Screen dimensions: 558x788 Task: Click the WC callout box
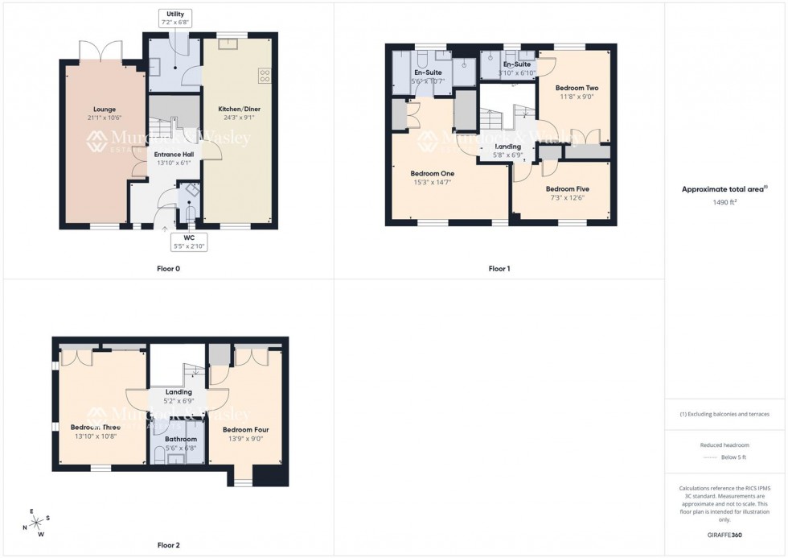pos(189,242)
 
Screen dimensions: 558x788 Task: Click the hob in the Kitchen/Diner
pos(265,76)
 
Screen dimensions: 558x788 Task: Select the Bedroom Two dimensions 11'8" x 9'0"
pos(577,97)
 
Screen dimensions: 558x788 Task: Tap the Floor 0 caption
pos(168,268)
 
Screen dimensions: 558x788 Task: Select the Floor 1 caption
pos(499,268)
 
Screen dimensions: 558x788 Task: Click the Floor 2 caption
pos(168,545)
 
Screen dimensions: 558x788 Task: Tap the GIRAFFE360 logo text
pos(724,535)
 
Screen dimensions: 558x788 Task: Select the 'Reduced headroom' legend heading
pos(724,444)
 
